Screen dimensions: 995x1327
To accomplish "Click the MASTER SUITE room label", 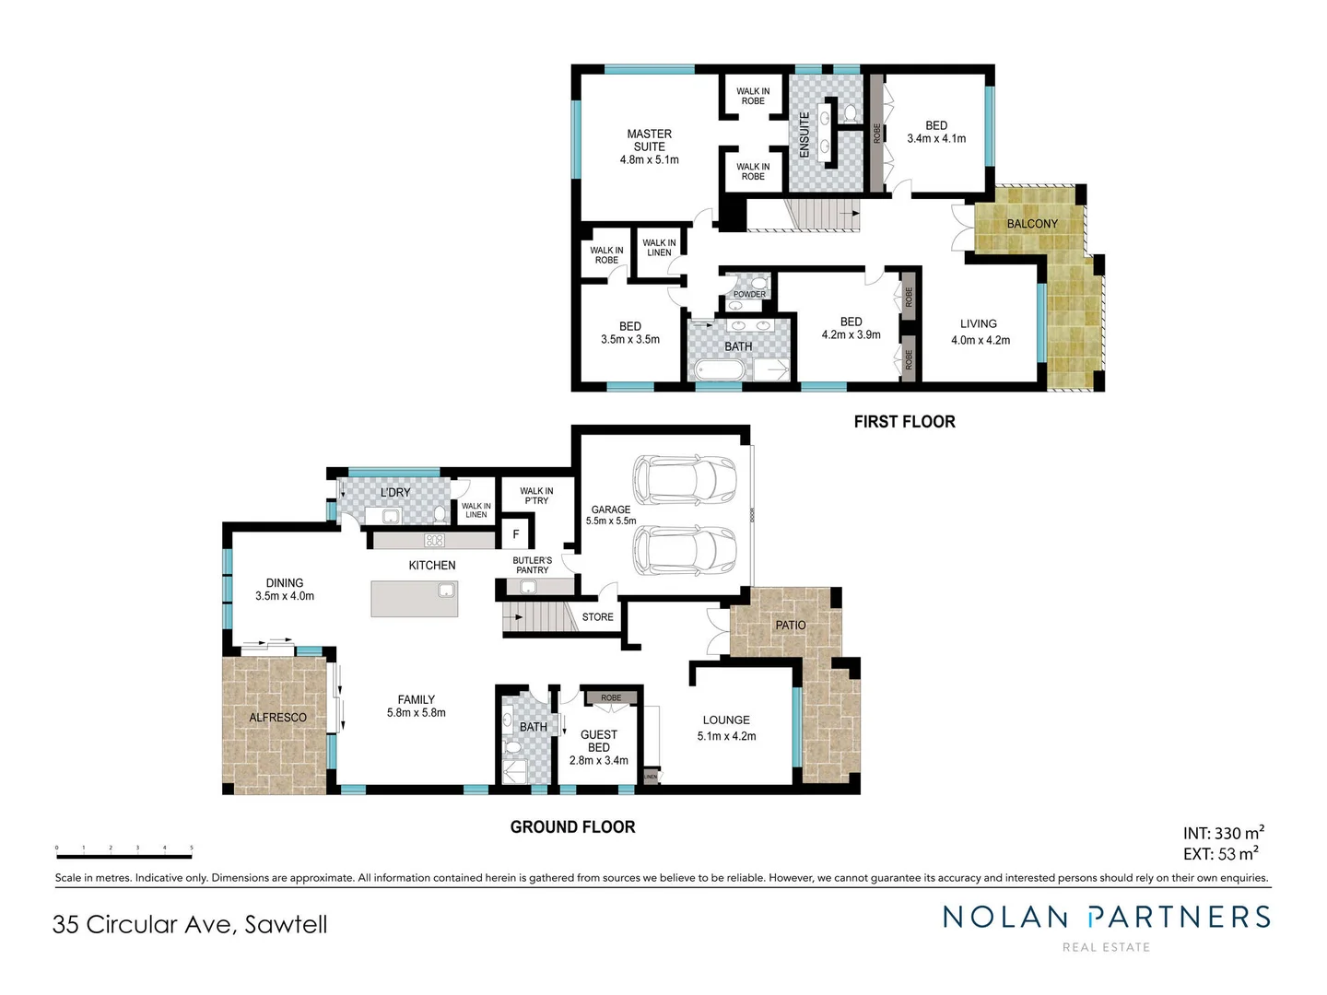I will (649, 140).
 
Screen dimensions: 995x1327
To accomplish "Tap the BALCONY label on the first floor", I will (1032, 224).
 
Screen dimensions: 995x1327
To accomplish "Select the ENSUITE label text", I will (804, 135).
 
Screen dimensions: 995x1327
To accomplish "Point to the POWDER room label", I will (749, 295).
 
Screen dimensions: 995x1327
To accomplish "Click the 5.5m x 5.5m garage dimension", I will (611, 521).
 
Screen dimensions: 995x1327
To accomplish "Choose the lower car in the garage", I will (686, 550).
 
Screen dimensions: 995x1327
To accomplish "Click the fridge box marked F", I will (516, 534).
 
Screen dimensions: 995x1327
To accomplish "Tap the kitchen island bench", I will (415, 599).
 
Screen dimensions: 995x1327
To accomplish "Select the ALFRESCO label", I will (277, 718).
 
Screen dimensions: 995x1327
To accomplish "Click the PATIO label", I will (791, 626).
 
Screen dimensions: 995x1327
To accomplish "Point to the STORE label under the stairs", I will (598, 617).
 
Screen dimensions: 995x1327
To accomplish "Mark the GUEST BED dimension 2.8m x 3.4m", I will (599, 761).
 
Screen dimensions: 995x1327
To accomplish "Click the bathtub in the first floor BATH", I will (720, 370).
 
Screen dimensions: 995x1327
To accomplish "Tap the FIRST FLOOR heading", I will (904, 422).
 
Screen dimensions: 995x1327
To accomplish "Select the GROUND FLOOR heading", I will (572, 827).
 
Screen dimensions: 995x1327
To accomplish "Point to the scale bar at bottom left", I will (123, 855).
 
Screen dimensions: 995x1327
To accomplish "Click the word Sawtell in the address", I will (286, 925).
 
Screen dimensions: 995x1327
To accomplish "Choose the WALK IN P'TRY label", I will (536, 496).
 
